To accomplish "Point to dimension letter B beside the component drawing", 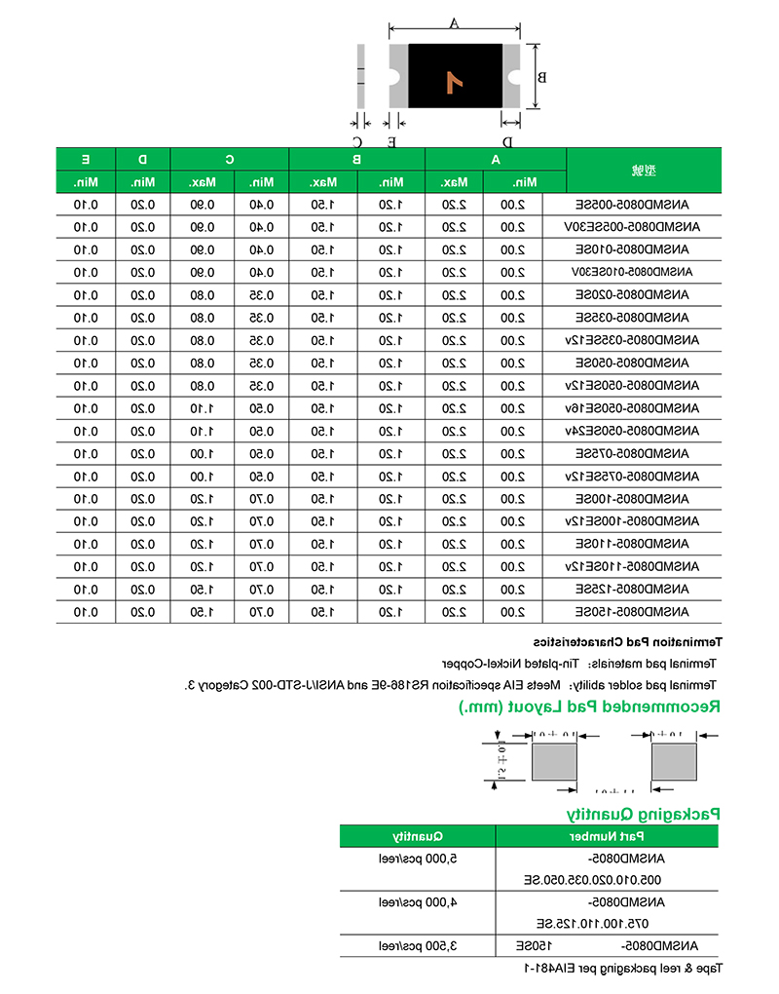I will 543,77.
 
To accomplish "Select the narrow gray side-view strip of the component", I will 361,76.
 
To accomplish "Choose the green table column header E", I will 86,159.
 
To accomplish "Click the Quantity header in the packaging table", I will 418,836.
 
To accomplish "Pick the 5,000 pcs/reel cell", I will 418,859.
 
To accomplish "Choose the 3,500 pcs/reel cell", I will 418,946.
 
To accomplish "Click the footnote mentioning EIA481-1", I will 624,969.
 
